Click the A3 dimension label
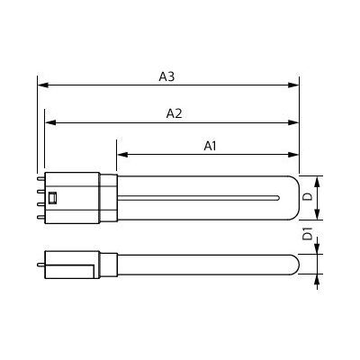[x=166, y=76]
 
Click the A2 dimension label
[x=174, y=113]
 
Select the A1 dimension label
[x=210, y=146]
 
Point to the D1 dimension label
[x=308, y=234]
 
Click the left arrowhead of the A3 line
[x=43, y=85]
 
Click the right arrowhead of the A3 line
[x=293, y=85]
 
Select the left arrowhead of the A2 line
[x=50, y=122]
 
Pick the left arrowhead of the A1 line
[x=122, y=155]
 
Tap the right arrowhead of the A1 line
[x=293, y=155]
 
